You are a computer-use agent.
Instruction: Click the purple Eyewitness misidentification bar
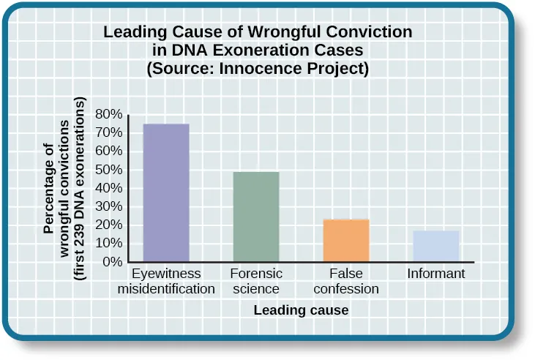coord(166,192)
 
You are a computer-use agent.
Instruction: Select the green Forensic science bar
coord(255,217)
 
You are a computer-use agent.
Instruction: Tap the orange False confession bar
coord(346,240)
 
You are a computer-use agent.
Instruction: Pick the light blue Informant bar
coord(436,246)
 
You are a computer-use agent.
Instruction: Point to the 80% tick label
coord(108,114)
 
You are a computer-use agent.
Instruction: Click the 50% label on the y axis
coord(108,170)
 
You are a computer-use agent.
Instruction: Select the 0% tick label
coord(111,262)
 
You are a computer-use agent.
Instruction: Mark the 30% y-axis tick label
coord(108,206)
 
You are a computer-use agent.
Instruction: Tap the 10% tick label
coord(108,244)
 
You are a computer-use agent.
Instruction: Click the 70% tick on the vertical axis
coord(108,132)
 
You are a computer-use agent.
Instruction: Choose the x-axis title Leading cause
coord(301,310)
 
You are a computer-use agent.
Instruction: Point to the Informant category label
coord(436,274)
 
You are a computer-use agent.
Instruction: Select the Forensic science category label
coord(255,281)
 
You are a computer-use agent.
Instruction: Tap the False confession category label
coord(346,281)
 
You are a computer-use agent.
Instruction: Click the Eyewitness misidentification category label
coord(166,281)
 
